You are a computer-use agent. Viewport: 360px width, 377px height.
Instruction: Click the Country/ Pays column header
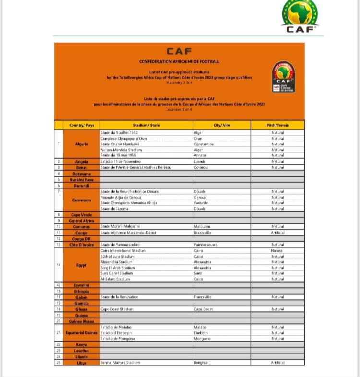[82, 125]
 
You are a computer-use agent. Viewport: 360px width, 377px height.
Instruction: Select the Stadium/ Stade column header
[146, 125]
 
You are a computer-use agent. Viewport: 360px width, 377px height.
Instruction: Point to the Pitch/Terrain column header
[277, 125]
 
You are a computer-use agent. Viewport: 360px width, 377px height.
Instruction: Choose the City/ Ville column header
[221, 125]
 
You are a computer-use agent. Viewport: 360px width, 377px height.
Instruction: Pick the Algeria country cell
[82, 144]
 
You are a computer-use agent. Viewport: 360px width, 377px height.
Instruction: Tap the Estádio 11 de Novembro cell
[120, 162]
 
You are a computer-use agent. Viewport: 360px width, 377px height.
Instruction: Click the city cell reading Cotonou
[202, 167]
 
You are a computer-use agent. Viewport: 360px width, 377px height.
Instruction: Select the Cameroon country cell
[82, 200]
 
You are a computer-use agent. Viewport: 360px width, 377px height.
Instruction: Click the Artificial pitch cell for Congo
[277, 233]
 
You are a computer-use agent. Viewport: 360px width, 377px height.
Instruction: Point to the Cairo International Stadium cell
[123, 250]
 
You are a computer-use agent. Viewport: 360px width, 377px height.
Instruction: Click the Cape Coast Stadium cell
[117, 309]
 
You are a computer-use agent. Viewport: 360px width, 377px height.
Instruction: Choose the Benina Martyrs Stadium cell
[120, 363]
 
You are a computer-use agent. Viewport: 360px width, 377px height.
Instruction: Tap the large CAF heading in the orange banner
[179, 51]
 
